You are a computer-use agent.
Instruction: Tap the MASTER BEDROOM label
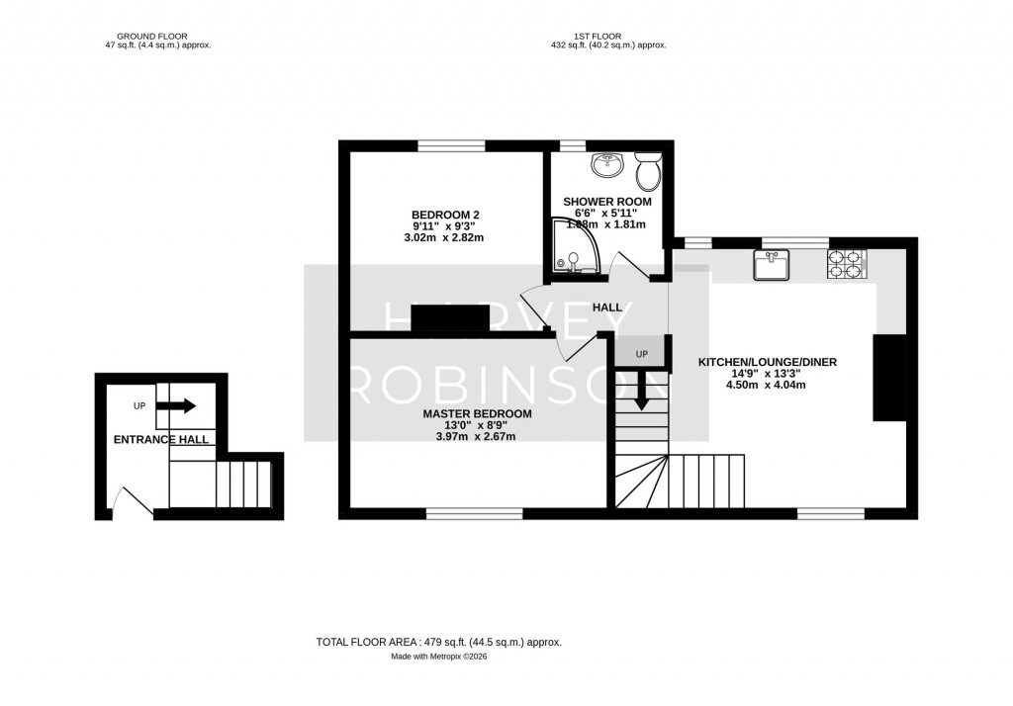point(477,413)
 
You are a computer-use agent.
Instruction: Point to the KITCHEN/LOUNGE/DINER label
point(768,363)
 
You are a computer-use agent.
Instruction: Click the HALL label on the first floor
point(607,308)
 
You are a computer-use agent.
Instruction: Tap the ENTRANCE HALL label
point(161,439)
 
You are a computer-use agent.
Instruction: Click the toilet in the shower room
point(649,173)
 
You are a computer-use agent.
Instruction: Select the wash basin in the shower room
point(604,166)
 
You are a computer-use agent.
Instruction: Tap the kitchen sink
point(772,265)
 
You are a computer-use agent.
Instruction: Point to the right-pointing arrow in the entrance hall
point(176,405)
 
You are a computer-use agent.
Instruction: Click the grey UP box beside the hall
point(640,353)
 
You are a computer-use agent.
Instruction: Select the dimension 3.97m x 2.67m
point(477,436)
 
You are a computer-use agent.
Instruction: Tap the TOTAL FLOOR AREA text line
point(438,642)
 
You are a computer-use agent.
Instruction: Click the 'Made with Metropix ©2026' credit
point(438,656)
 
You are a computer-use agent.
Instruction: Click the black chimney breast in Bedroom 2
point(450,318)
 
